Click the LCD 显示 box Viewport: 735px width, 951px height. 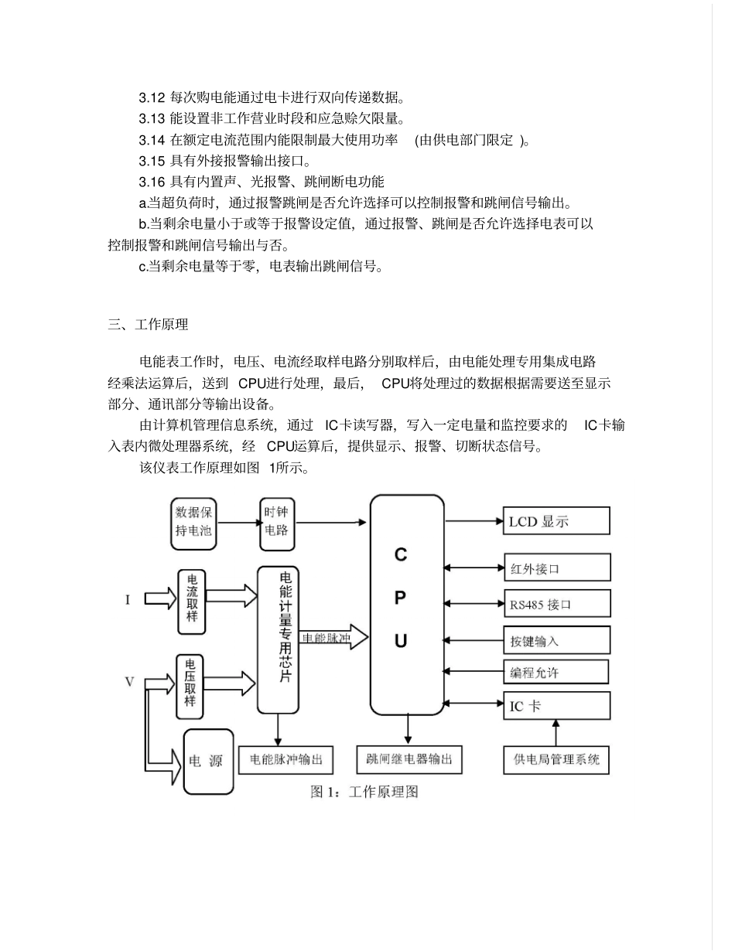(556, 521)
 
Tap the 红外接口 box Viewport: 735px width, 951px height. (557, 568)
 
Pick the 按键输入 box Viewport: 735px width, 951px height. (557, 640)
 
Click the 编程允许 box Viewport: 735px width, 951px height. (556, 673)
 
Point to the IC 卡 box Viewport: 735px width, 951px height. (557, 705)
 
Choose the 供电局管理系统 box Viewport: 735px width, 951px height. (556, 759)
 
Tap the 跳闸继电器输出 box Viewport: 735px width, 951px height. (409, 759)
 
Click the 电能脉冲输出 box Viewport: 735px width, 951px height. (286, 759)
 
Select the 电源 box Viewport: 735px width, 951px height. (208, 762)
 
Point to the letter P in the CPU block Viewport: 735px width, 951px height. (400, 598)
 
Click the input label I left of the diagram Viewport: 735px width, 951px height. (127, 599)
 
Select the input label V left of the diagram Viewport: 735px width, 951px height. (129, 681)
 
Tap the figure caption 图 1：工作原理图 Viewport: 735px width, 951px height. (364, 792)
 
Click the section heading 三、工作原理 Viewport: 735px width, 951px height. (148, 325)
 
